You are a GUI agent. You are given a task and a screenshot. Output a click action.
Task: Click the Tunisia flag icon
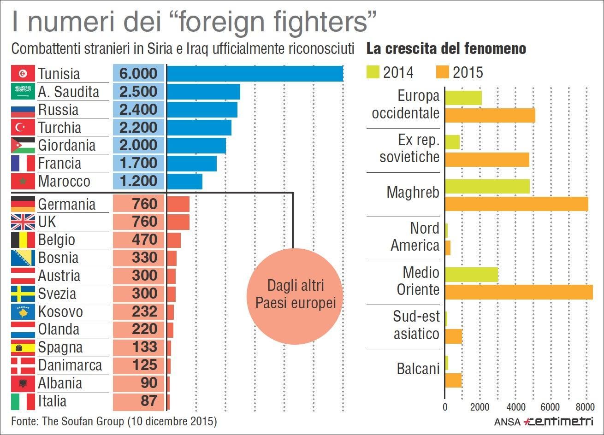[x=23, y=74]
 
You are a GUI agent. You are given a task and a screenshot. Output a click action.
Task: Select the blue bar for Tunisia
[x=255, y=74]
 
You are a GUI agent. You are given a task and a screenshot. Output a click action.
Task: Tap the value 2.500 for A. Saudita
[x=138, y=92]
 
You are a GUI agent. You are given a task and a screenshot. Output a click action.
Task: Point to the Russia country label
[x=58, y=110]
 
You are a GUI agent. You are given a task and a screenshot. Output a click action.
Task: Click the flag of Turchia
[x=23, y=128]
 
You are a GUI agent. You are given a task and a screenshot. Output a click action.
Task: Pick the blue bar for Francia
[x=192, y=164]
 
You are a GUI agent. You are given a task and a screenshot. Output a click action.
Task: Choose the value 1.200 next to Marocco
[x=138, y=181]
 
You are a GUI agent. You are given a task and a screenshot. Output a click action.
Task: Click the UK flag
[x=23, y=222]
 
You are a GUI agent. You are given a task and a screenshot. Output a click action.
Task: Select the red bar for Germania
[x=178, y=204]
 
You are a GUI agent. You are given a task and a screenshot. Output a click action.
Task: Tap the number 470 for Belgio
[x=144, y=240]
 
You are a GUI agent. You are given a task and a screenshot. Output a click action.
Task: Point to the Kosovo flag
[x=23, y=312]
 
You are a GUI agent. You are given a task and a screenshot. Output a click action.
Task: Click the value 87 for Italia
[x=148, y=401]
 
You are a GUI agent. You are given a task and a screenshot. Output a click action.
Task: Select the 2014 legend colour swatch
[x=373, y=72]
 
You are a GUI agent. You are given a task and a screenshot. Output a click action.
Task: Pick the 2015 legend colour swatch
[x=442, y=72]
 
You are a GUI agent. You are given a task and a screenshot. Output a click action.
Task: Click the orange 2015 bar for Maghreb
[x=516, y=204]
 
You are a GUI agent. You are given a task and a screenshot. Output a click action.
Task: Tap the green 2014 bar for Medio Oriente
[x=472, y=275]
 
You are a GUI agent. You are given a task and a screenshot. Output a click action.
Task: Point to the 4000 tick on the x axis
[x=515, y=407]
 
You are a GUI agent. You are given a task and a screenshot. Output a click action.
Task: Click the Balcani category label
[x=418, y=369]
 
